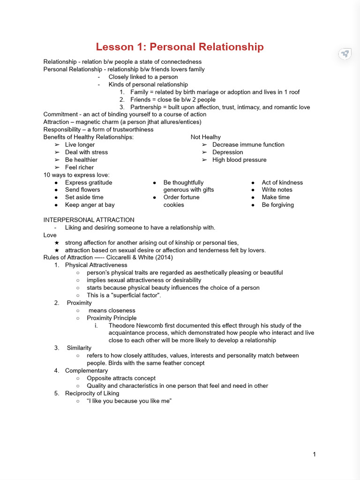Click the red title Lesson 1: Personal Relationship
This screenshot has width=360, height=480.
180,47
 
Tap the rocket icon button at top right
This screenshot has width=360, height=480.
345,54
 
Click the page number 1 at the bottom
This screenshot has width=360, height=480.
314,454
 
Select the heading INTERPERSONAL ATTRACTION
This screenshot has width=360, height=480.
89,220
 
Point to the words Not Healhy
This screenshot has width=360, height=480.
205,137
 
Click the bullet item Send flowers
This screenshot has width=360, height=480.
82,190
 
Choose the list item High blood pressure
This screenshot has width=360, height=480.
239,160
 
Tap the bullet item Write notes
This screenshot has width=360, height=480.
277,190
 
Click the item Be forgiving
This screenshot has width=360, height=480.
278,205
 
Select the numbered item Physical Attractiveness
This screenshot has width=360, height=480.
96,265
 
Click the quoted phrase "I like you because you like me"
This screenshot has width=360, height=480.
126,401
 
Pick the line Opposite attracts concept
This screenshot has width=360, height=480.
121,378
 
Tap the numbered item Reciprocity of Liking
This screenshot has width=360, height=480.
92,393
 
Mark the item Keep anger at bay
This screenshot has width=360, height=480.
90,205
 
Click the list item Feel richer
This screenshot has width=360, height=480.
79,167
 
